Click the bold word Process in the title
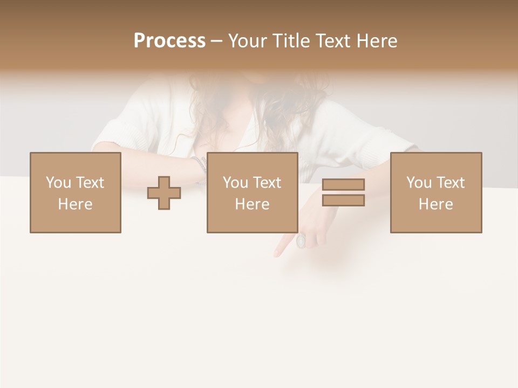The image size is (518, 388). [169, 41]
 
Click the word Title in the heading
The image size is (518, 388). [292, 41]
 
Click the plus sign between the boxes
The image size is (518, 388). [164, 193]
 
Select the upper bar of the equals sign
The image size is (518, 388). [343, 184]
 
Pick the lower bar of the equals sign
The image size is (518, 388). [343, 200]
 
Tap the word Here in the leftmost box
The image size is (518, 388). [75, 204]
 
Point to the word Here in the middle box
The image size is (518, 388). [252, 204]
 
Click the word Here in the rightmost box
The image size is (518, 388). [435, 204]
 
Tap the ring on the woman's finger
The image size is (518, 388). [301, 241]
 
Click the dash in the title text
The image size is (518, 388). [217, 41]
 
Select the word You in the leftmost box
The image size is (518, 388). [58, 183]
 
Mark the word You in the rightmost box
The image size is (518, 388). [419, 183]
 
